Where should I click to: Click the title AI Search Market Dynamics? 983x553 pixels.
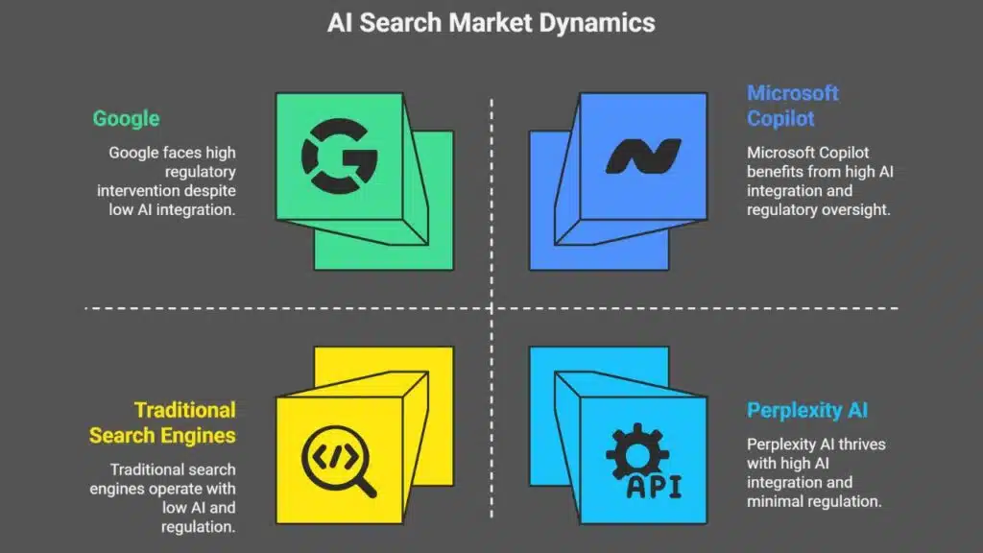pyautogui.click(x=491, y=23)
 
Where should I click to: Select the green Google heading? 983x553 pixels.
pyautogui.click(x=126, y=119)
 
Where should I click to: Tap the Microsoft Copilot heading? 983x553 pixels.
pyautogui.click(x=793, y=106)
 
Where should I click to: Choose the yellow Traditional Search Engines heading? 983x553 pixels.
pyautogui.click(x=162, y=422)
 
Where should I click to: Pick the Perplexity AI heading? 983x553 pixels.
pyautogui.click(x=807, y=411)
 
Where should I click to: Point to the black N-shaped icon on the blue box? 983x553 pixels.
pyautogui.click(x=642, y=156)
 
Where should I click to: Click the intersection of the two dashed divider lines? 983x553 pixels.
pyautogui.click(x=491, y=308)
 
